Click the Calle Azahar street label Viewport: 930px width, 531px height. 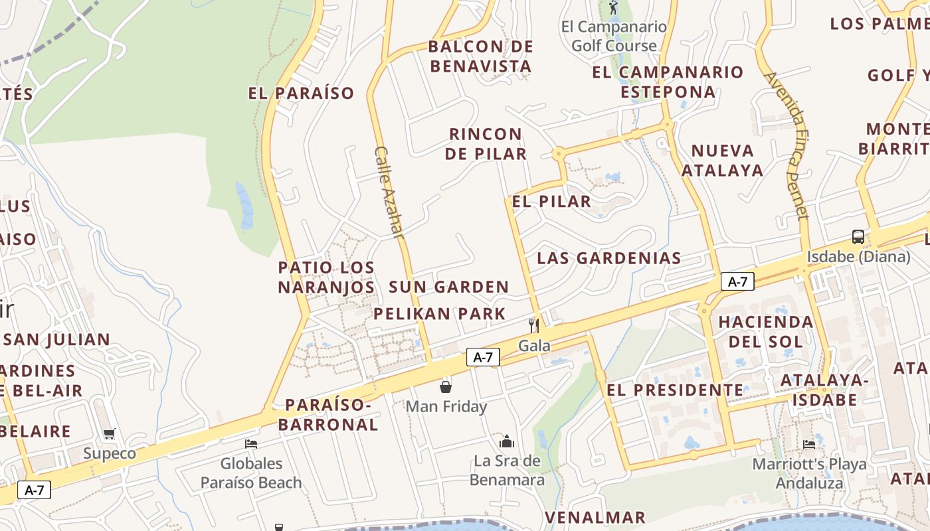(x=389, y=192)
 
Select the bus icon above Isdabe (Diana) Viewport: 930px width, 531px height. (x=858, y=237)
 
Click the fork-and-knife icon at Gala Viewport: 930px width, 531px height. (x=533, y=325)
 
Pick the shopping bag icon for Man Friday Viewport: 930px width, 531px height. (x=446, y=386)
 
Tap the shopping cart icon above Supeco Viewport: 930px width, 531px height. (x=110, y=434)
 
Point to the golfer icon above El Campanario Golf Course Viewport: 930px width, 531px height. (x=613, y=8)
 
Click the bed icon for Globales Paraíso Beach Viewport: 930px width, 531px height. (x=251, y=443)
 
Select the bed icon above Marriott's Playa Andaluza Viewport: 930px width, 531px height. (x=808, y=444)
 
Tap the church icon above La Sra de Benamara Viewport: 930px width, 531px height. (x=507, y=441)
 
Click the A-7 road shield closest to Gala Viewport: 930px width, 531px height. (x=483, y=357)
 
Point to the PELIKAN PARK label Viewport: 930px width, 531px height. (x=440, y=314)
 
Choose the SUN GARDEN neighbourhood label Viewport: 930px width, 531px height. (x=449, y=287)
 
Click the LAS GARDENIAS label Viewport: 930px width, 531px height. (x=609, y=258)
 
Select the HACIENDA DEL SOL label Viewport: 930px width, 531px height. (x=765, y=332)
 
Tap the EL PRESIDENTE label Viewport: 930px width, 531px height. (x=675, y=390)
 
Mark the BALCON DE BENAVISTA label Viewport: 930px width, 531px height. (x=480, y=56)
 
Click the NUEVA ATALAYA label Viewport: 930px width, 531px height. (x=723, y=160)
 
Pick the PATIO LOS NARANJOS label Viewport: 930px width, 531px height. (x=326, y=277)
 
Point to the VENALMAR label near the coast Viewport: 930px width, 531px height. (x=595, y=517)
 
